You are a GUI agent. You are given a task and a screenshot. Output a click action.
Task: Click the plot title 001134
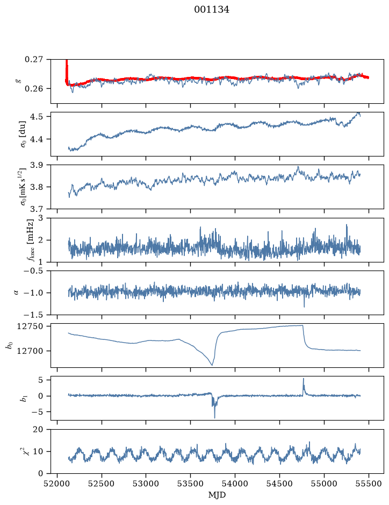pos(211,10)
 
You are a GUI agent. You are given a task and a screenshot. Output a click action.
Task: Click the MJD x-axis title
pos(217,495)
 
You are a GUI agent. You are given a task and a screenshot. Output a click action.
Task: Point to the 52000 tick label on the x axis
pos(57,483)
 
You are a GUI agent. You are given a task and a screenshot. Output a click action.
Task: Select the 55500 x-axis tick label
pos(369,483)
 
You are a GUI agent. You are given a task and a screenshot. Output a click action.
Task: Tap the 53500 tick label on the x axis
pos(191,483)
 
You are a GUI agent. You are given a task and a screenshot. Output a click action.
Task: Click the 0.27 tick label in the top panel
pos(34,60)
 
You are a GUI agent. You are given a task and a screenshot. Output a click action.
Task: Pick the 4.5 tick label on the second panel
pos(36,117)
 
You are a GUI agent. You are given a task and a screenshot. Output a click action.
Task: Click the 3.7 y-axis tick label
pos(36,209)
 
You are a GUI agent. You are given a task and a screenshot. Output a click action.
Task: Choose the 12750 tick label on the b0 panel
pos(30,326)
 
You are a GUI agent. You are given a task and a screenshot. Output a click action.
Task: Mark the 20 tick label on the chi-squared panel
pos(38,430)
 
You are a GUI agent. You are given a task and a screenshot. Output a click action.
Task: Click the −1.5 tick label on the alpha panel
pos(33,315)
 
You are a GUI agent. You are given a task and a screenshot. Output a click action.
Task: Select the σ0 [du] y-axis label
pos(24,134)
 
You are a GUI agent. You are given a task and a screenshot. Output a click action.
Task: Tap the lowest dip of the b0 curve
pos(212,365)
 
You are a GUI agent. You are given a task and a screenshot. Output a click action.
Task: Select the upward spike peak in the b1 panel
pos(303,379)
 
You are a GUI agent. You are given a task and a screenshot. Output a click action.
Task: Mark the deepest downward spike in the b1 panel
pos(214,418)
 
